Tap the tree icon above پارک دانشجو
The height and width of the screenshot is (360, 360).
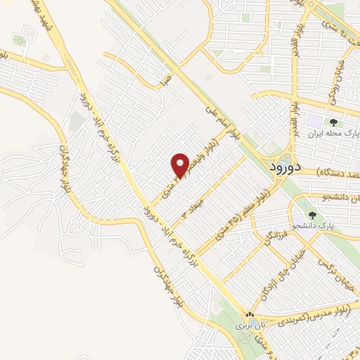pos(312,215)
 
